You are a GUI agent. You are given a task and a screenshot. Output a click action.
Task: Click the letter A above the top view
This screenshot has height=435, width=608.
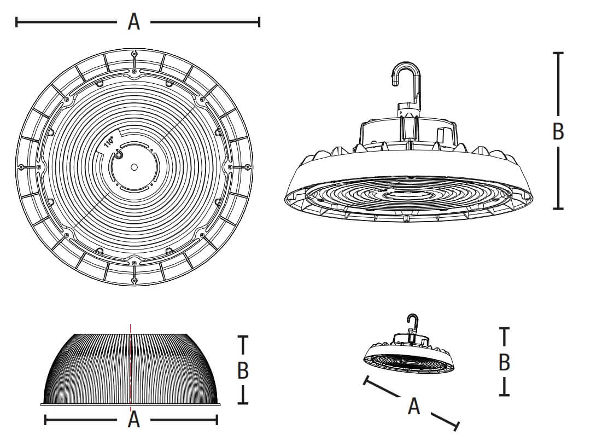134,22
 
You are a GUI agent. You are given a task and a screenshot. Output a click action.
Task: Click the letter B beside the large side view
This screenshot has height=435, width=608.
558,131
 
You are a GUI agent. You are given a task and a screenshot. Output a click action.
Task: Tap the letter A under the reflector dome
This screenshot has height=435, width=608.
134,420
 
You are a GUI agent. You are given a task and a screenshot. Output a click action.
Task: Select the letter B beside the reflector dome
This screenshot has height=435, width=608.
243,370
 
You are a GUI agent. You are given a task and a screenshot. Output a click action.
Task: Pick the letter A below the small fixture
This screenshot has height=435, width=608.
414,407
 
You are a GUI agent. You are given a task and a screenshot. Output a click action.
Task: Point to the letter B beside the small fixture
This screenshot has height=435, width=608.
504,362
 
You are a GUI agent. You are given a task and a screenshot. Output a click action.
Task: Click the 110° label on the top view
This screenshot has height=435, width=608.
109,142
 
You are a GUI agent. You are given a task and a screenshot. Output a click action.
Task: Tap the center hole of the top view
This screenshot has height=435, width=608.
134,167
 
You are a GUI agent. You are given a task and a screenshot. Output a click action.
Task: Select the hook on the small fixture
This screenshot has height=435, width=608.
413,323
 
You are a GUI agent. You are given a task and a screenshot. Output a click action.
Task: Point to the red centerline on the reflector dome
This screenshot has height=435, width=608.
130,367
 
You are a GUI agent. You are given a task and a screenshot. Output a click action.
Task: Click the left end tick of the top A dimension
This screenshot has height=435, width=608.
16,22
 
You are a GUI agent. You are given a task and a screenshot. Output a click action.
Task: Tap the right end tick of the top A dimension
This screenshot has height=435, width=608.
259,22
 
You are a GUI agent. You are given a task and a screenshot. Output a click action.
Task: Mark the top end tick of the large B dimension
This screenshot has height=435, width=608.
558,53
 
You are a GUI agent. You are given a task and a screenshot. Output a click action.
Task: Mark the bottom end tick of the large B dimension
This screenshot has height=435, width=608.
558,209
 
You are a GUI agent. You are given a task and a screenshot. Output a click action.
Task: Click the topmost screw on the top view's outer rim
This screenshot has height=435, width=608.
134,54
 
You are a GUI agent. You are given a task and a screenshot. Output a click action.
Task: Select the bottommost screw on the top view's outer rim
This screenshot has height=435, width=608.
134,280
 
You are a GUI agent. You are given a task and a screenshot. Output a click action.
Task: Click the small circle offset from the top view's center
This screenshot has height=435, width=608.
118,155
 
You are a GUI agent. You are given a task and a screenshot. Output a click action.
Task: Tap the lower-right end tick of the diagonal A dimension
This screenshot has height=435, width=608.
457,426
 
